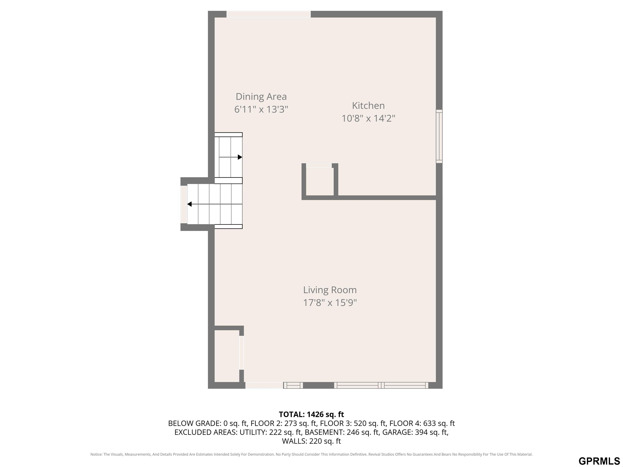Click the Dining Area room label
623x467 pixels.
click(x=261, y=96)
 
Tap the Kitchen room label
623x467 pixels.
click(x=368, y=106)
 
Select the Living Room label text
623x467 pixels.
click(x=330, y=290)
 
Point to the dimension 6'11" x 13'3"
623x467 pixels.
click(x=261, y=109)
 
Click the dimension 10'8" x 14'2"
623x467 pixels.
click(x=368, y=118)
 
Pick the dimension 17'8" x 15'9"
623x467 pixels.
click(x=330, y=303)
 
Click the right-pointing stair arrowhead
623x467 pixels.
click(x=240, y=157)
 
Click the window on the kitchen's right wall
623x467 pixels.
click(x=439, y=136)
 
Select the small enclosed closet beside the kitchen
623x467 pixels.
click(x=320, y=182)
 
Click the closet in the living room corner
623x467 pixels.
click(x=227, y=356)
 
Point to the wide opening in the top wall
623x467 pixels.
click(x=269, y=14)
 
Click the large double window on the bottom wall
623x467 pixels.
click(x=381, y=385)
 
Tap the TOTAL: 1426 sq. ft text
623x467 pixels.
click(x=311, y=414)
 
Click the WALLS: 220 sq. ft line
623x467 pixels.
click(x=311, y=441)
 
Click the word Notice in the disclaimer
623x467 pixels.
click(x=96, y=454)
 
